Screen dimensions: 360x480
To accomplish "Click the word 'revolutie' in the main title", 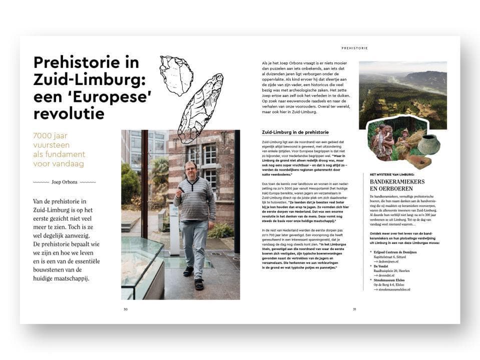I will click(69, 113).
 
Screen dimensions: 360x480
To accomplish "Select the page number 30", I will click(125, 309).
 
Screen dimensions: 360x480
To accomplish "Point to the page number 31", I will click(354, 309).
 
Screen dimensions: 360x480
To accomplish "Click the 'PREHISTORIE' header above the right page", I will click(354, 48).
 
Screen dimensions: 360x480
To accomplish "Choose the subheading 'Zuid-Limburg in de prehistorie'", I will click(295, 132).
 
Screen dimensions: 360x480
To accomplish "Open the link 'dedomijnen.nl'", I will click(388, 261).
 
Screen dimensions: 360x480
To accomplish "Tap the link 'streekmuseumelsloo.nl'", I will click(394, 289).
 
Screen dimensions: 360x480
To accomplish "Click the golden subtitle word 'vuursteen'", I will click(52, 145).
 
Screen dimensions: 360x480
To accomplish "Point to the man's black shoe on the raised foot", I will click(189, 271).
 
